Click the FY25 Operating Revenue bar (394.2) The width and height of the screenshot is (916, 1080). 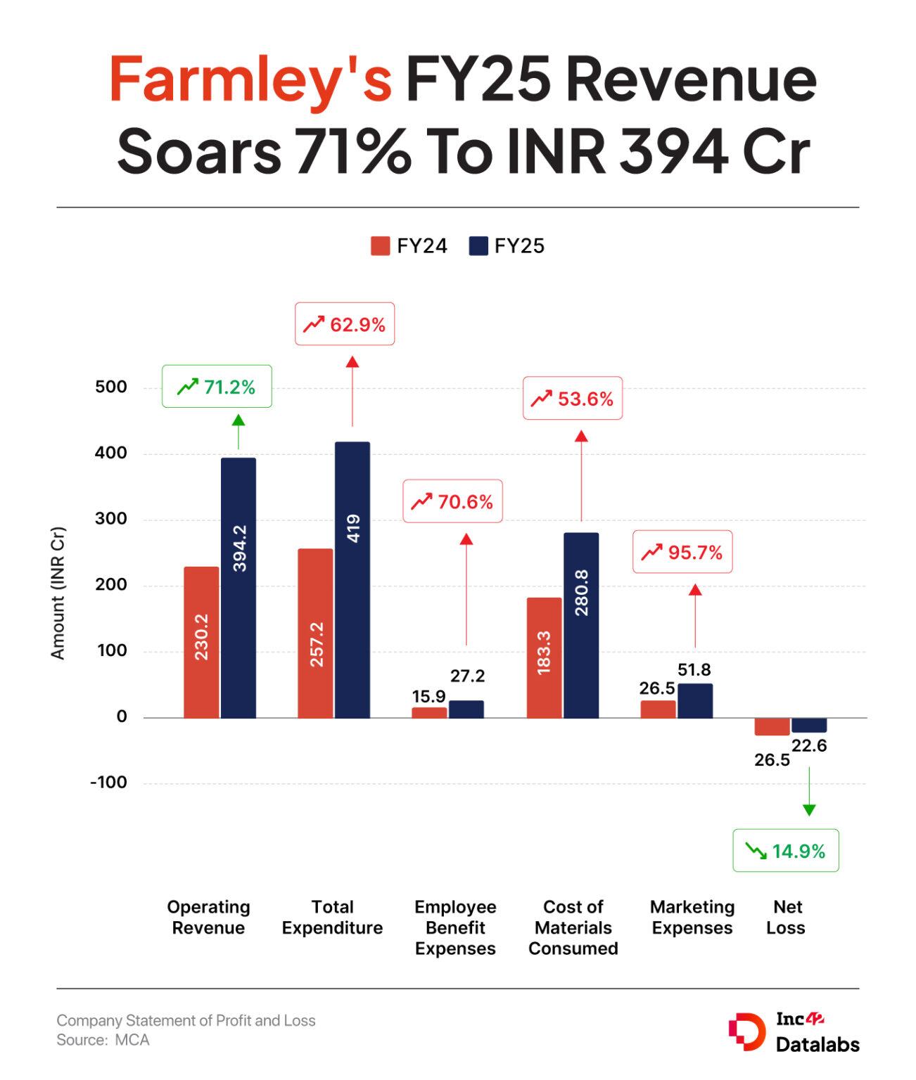(238, 588)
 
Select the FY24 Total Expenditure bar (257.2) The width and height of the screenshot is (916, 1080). (315, 633)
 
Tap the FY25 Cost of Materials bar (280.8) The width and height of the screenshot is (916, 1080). (581, 625)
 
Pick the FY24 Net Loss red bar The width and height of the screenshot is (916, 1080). (772, 726)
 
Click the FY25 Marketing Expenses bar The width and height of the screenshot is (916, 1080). (695, 700)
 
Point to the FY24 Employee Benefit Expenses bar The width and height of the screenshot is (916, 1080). (429, 712)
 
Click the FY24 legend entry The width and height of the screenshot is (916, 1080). (409, 246)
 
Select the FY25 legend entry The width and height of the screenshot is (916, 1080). (507, 246)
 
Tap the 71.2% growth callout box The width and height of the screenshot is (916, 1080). (217, 387)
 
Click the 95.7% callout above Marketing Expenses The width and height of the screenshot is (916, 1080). (682, 552)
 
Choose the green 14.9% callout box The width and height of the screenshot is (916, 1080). (785, 851)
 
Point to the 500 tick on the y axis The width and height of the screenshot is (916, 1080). (111, 387)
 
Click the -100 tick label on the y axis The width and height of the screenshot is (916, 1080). (109, 783)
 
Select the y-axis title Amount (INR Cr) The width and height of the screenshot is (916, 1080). (58, 593)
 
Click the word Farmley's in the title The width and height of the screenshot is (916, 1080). (250, 79)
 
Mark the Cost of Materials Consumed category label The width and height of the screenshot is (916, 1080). (573, 927)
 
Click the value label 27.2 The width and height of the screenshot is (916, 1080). (467, 676)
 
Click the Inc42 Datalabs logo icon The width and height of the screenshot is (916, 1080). (746, 1031)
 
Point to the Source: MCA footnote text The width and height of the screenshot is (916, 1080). (103, 1040)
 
